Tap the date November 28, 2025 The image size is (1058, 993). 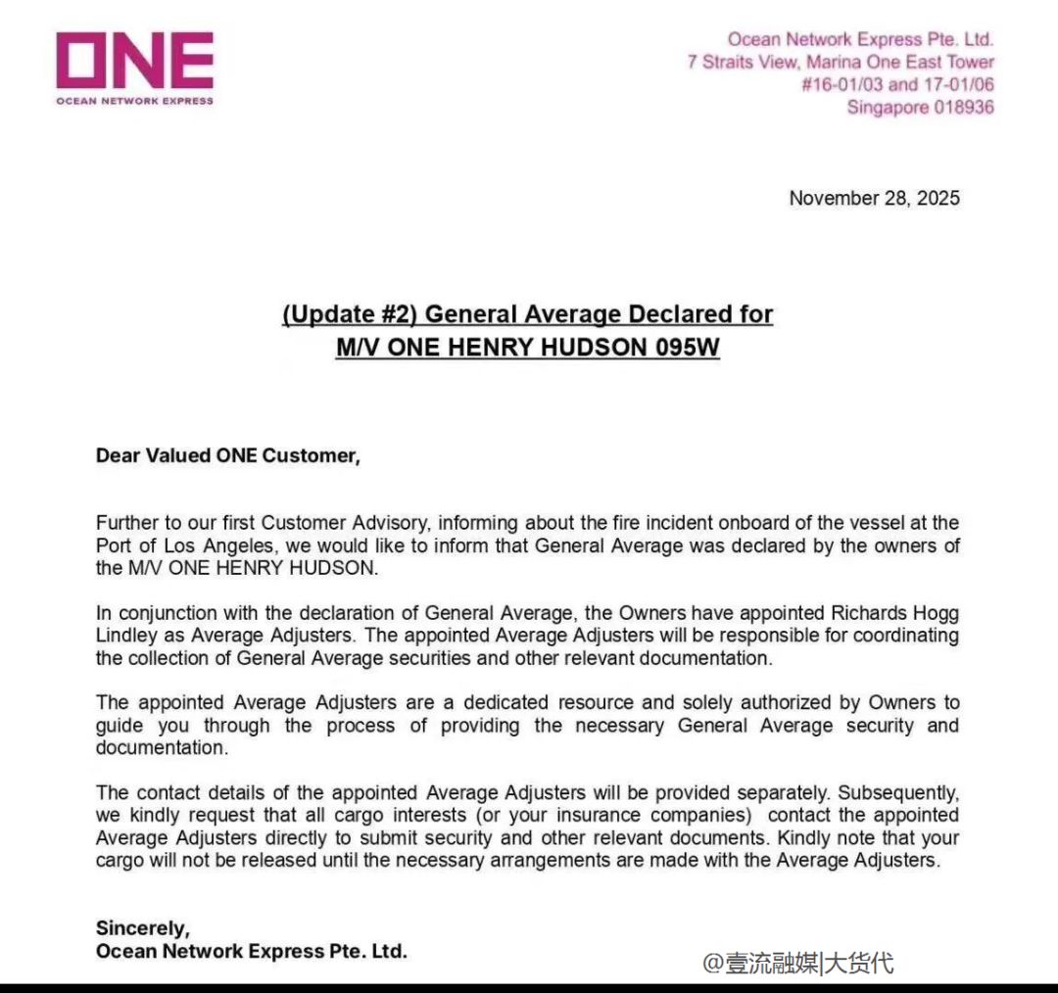point(874,198)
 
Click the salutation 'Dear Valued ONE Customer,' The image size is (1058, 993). point(227,455)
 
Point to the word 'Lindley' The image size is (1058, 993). point(127,636)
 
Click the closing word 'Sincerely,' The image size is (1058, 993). point(142,928)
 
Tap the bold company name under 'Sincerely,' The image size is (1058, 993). point(251,951)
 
